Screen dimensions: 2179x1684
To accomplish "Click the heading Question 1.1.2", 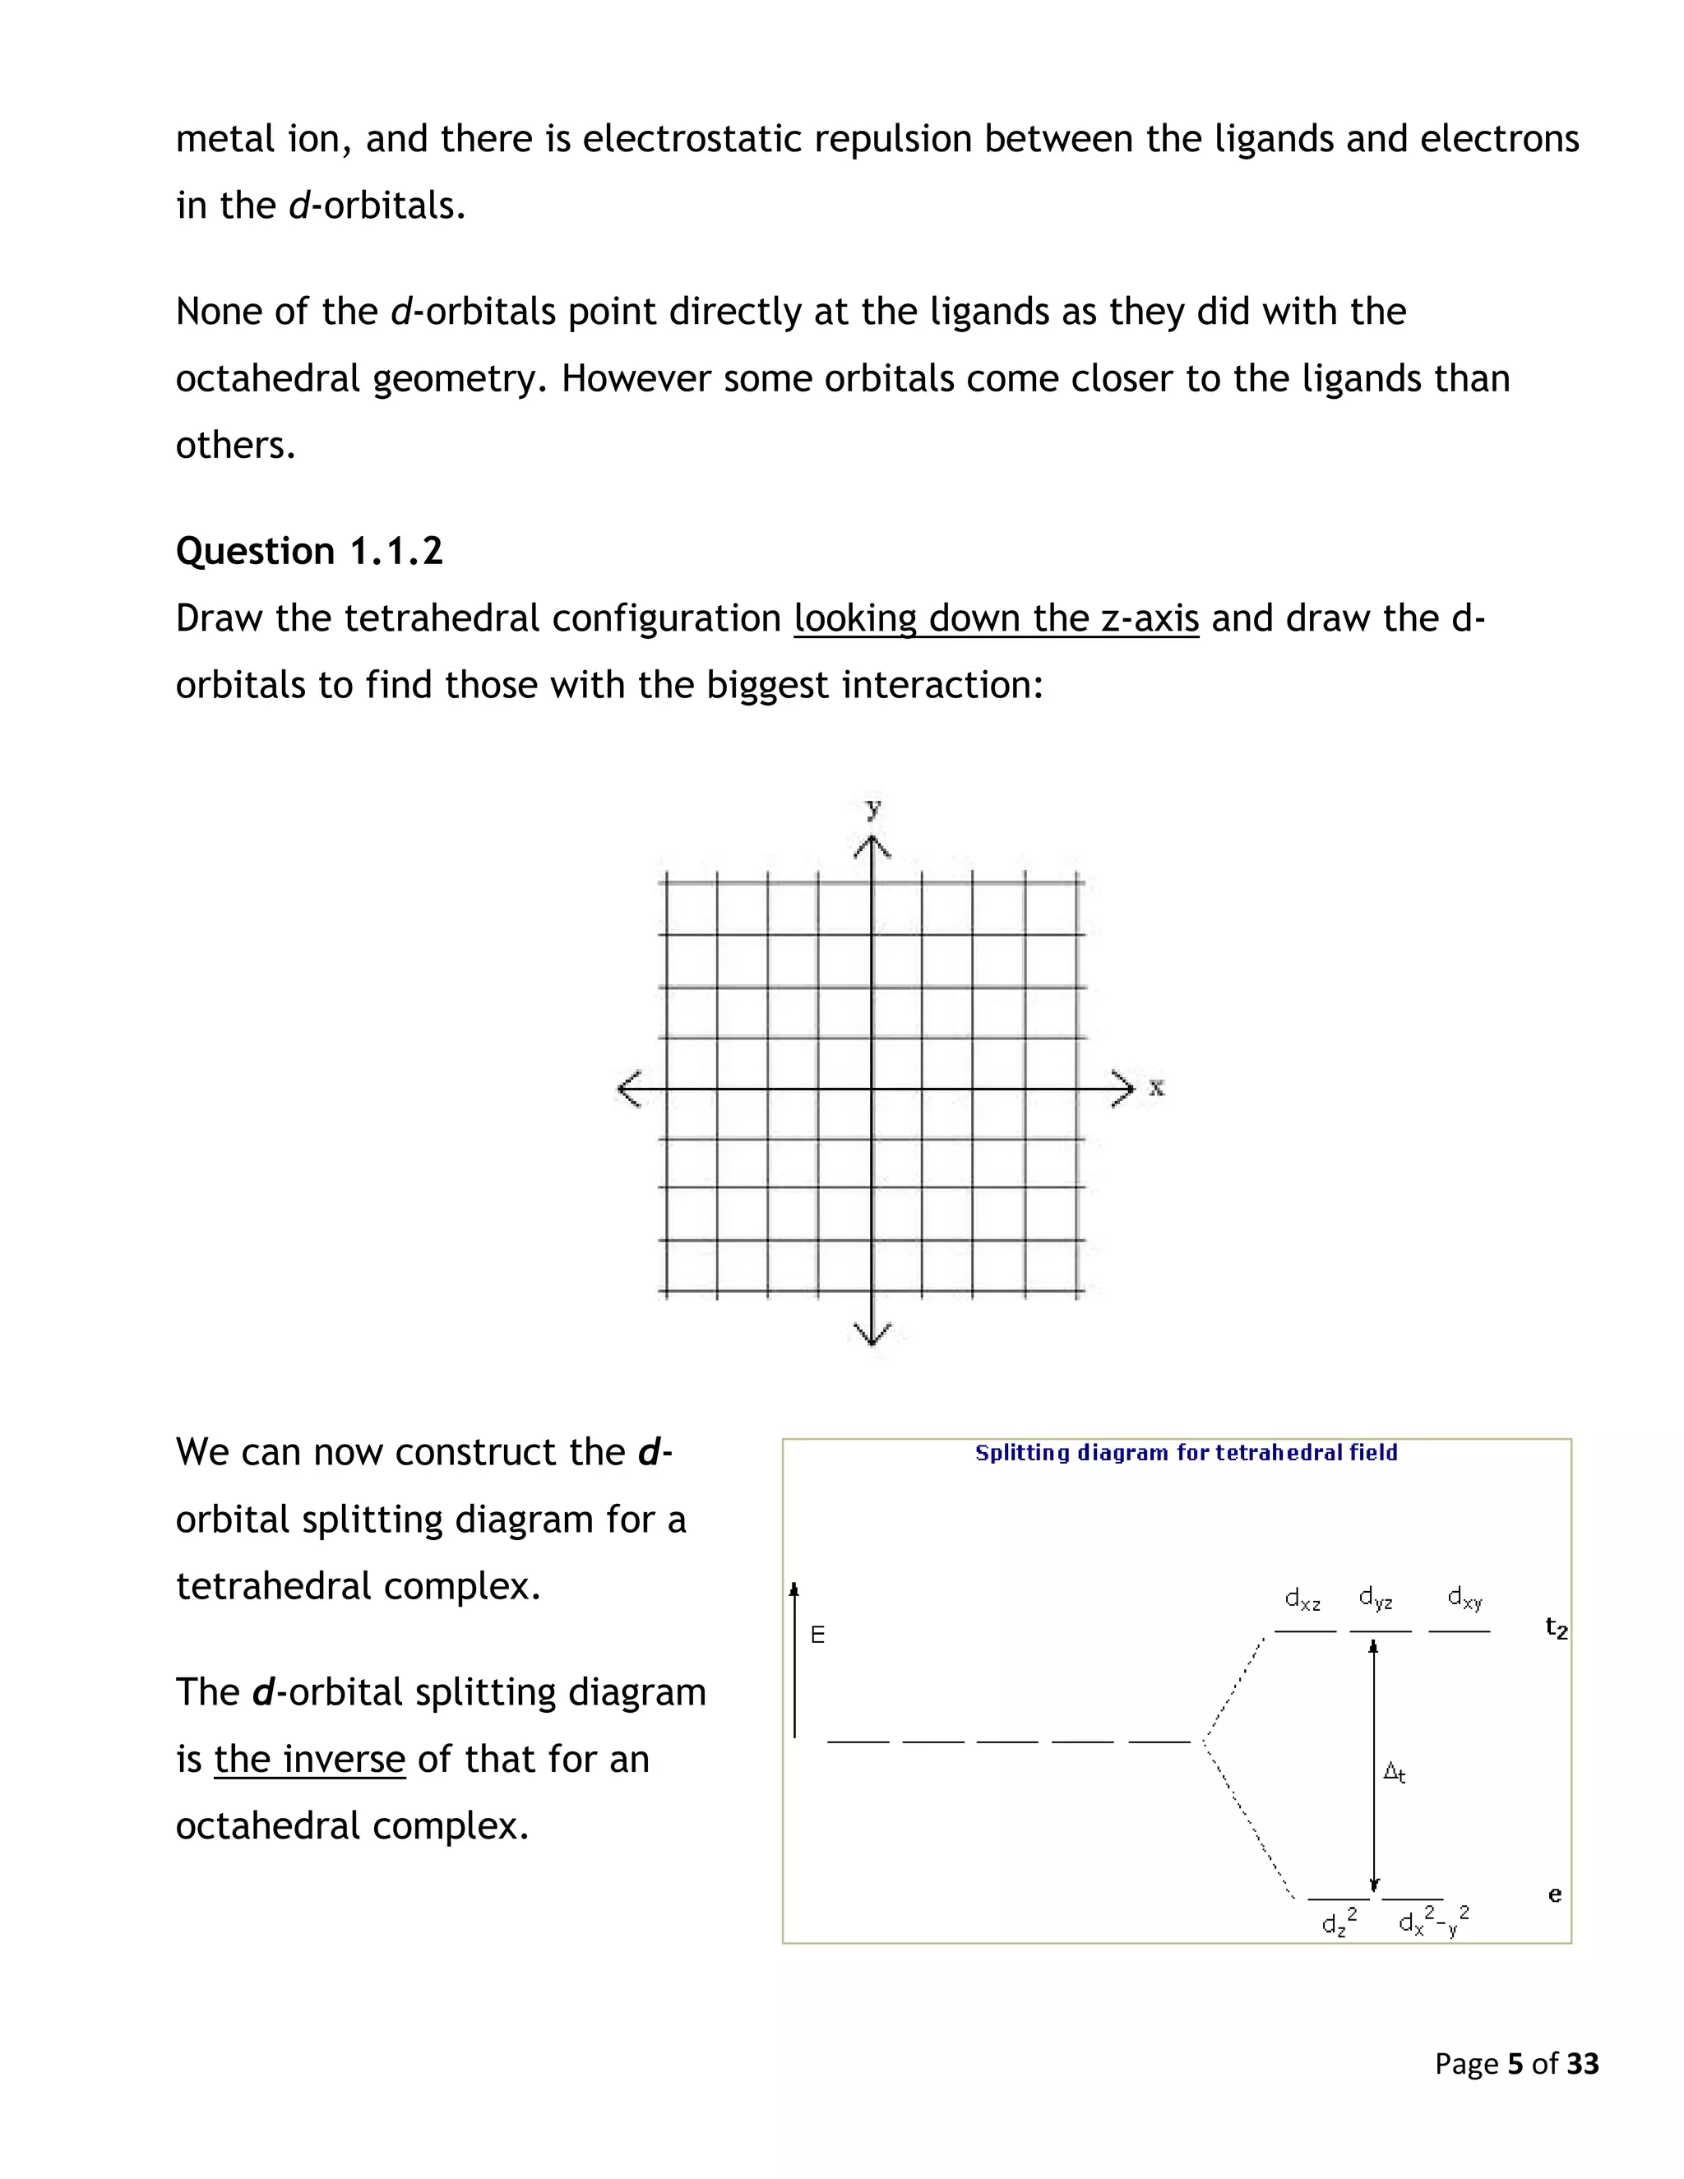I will point(309,552).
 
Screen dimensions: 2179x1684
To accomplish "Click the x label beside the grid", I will point(1156,1088).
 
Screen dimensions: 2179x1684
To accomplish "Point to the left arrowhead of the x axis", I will point(627,1089).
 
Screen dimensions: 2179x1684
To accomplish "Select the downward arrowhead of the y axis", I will point(873,1334).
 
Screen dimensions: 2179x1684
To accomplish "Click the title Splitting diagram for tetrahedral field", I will point(1185,1453).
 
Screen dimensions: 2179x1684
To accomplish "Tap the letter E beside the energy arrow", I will point(818,1635).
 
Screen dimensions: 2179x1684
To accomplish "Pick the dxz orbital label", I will point(1302,1599).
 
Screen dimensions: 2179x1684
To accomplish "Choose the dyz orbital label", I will point(1376,1598).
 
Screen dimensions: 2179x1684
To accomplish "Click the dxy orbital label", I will point(1464,1598).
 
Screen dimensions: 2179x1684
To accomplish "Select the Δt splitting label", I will point(1395,1773).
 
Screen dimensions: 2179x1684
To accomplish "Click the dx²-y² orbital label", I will point(1433,1921).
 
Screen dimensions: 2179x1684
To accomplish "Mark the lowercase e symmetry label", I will point(1554,1894).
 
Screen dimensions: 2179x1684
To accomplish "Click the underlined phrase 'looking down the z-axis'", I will point(996,618).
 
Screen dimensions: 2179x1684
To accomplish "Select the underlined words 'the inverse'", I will point(309,1759).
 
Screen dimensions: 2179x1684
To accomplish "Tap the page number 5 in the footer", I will point(1515,2063).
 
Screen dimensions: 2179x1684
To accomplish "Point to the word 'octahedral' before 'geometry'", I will point(267,379).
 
